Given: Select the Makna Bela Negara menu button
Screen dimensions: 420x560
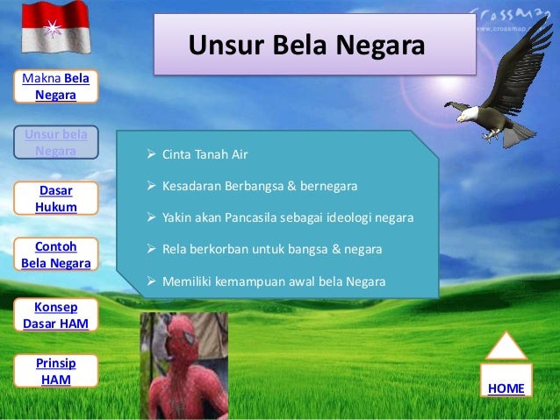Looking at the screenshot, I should point(55,86).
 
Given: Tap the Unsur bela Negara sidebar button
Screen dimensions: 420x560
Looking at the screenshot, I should point(55,142).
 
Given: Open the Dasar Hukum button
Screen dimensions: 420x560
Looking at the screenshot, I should point(55,198).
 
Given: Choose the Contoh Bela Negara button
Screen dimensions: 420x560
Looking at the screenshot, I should point(55,254).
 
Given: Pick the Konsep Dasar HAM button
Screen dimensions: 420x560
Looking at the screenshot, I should point(55,313).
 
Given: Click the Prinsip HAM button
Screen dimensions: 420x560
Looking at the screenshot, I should point(55,370).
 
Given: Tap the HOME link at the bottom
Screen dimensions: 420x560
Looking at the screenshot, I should point(506,388).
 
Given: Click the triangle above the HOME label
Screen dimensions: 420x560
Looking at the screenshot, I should point(506,346).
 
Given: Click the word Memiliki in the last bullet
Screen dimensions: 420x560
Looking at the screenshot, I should point(185,281).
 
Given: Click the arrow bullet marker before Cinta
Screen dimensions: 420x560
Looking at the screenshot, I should point(151,155).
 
